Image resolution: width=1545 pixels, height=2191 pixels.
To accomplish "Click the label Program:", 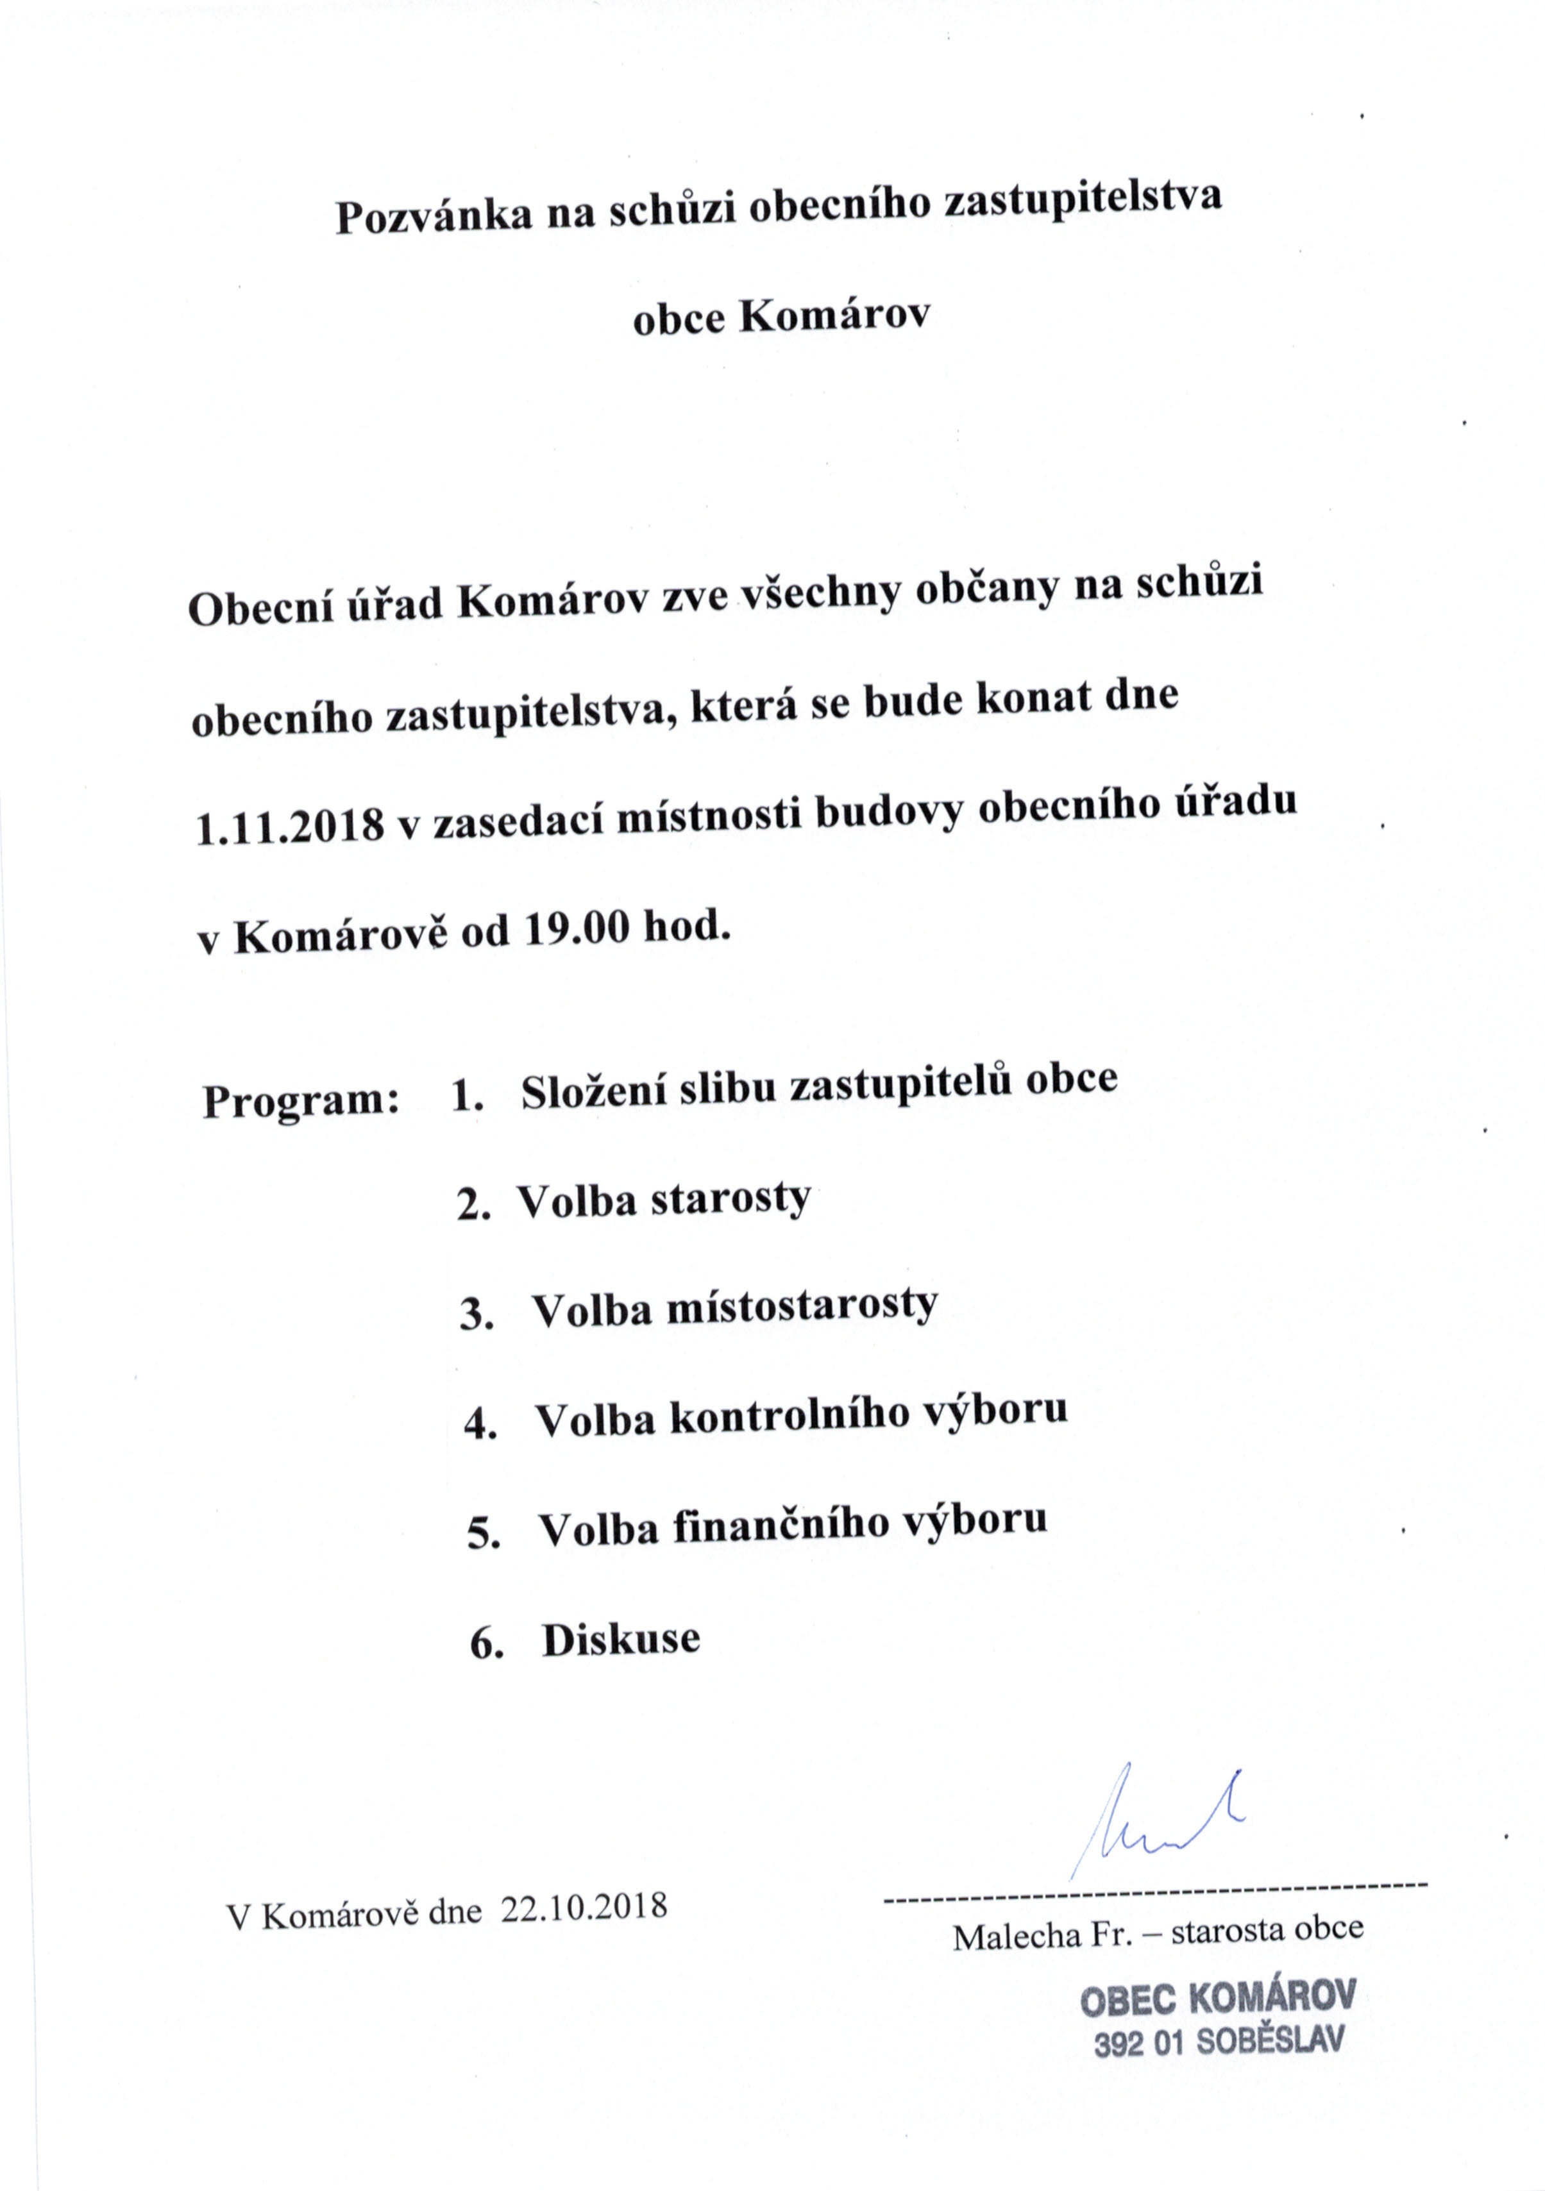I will pos(300,1103).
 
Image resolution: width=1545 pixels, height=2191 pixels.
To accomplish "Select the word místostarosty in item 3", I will pos(802,1306).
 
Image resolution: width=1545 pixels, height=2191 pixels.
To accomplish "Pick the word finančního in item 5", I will pos(781,1525).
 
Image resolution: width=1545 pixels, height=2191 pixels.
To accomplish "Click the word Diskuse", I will pos(621,1640).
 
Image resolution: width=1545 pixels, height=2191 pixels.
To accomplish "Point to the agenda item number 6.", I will pos(485,1645).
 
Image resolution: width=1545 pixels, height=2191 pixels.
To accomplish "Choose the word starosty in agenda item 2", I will pos(730,1200).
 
